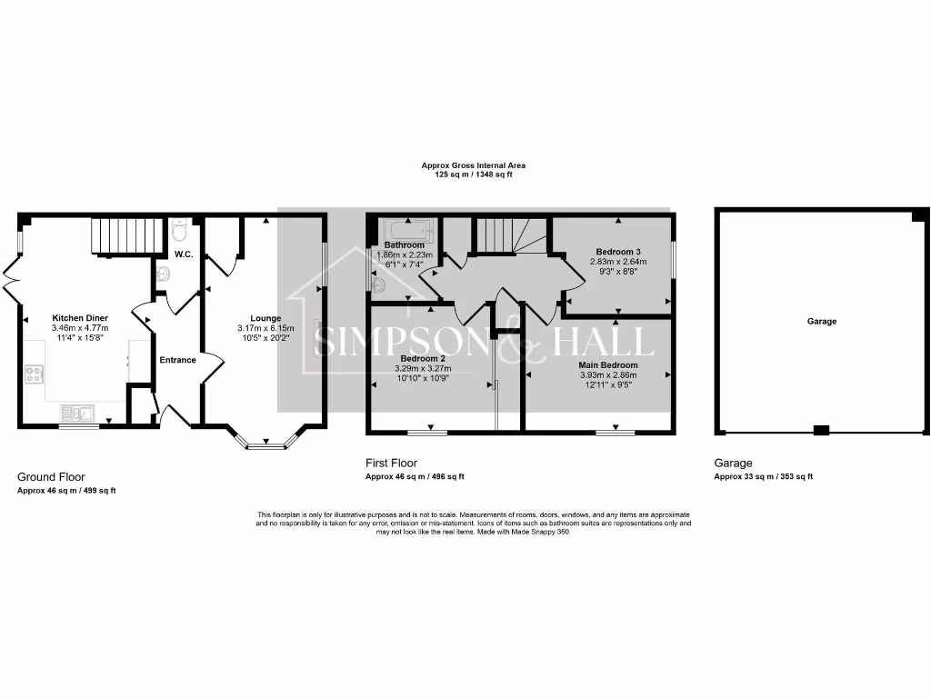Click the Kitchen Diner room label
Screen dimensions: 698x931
tap(80, 318)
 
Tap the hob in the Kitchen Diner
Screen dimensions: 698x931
tap(35, 374)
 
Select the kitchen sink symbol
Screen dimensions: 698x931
tap(82, 414)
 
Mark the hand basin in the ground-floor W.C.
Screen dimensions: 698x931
tap(163, 274)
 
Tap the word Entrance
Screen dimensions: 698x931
tap(178, 360)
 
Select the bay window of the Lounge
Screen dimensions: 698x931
tap(265, 444)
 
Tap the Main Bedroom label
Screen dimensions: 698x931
tap(608, 364)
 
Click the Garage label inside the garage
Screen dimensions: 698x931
tap(821, 321)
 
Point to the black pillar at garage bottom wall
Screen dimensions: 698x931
tap(821, 431)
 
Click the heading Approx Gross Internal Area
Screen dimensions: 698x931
tap(473, 165)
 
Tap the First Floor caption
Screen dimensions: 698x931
tap(391, 463)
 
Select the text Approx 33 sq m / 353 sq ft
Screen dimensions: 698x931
tap(764, 476)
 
